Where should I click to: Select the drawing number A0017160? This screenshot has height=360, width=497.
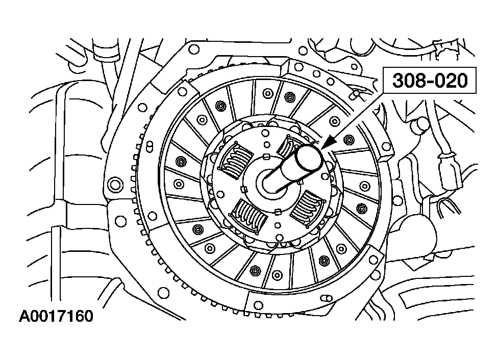(x=56, y=316)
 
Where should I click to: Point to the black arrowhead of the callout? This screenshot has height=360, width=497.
(x=327, y=143)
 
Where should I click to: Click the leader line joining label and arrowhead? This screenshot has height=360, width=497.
(x=357, y=115)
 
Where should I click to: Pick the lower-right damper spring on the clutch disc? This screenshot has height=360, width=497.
(x=309, y=207)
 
